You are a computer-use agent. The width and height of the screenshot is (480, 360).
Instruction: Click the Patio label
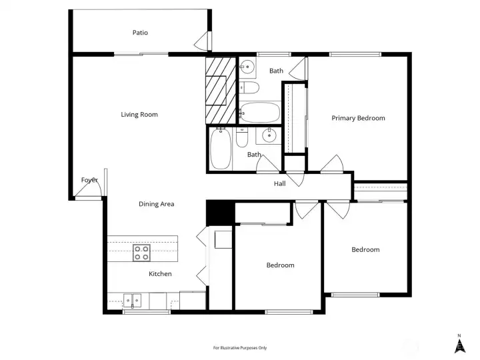(x=140, y=33)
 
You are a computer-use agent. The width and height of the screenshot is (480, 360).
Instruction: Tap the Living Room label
(x=139, y=115)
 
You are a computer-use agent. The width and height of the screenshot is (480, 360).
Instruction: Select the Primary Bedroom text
(x=358, y=118)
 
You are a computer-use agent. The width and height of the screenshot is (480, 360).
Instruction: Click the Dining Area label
(x=157, y=204)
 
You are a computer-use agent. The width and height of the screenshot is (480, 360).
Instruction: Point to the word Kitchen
(x=160, y=274)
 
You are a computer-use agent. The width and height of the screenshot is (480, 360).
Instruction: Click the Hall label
(x=280, y=183)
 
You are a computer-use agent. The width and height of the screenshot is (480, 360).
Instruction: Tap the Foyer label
(x=89, y=180)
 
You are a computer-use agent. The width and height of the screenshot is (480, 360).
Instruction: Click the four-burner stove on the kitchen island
(x=141, y=253)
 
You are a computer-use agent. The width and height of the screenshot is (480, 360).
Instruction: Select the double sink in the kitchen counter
(x=132, y=301)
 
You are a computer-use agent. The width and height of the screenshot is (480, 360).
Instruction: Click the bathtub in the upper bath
(x=259, y=113)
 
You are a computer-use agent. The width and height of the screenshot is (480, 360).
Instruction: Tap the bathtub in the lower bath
(x=221, y=149)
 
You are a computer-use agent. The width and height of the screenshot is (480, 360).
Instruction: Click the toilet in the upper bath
(x=249, y=87)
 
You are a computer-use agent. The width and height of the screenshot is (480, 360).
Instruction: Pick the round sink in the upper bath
(x=247, y=66)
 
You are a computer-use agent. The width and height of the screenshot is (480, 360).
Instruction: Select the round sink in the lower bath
(x=269, y=135)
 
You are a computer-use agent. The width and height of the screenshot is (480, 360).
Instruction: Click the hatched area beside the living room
(x=221, y=90)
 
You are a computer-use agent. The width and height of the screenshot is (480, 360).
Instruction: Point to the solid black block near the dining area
(x=221, y=213)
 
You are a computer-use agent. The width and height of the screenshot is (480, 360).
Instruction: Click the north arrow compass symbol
(x=459, y=344)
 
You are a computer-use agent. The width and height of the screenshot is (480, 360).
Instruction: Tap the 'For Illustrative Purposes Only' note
(x=240, y=348)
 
